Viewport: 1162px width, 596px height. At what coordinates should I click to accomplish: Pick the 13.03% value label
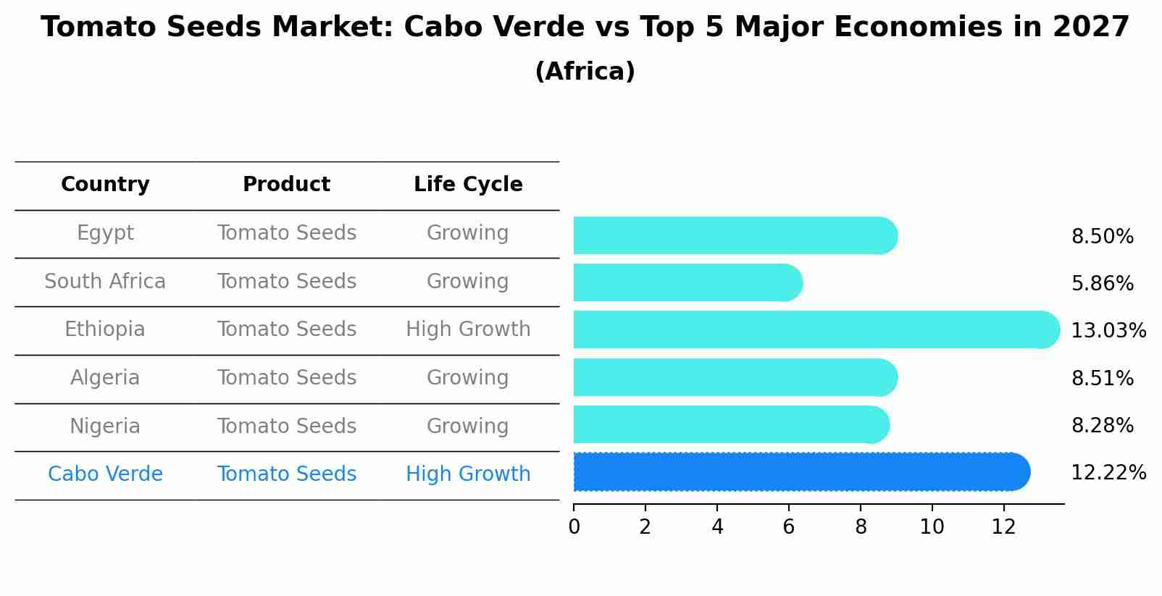(1108, 331)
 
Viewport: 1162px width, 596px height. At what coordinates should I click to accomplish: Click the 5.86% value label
(1102, 284)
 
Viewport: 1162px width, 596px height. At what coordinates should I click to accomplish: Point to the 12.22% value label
(1108, 473)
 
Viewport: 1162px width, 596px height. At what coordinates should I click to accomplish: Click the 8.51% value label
(1102, 379)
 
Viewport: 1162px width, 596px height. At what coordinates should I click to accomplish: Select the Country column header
(105, 185)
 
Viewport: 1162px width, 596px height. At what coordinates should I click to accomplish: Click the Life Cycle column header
(468, 185)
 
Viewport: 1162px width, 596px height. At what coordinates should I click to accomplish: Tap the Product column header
(286, 185)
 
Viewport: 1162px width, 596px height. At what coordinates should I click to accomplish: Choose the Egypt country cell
(105, 233)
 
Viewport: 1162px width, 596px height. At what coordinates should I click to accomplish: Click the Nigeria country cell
(105, 426)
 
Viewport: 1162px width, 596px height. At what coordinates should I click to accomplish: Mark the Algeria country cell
(105, 378)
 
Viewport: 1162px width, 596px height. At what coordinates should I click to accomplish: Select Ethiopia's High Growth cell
(468, 330)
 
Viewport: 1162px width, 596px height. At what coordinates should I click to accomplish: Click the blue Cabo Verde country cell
(105, 474)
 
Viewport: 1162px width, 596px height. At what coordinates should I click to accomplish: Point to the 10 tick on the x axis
(932, 527)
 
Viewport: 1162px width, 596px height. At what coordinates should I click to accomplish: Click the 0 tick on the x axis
(574, 527)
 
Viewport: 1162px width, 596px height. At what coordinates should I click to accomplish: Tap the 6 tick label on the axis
(789, 527)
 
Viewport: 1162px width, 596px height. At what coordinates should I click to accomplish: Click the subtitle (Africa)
(585, 72)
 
